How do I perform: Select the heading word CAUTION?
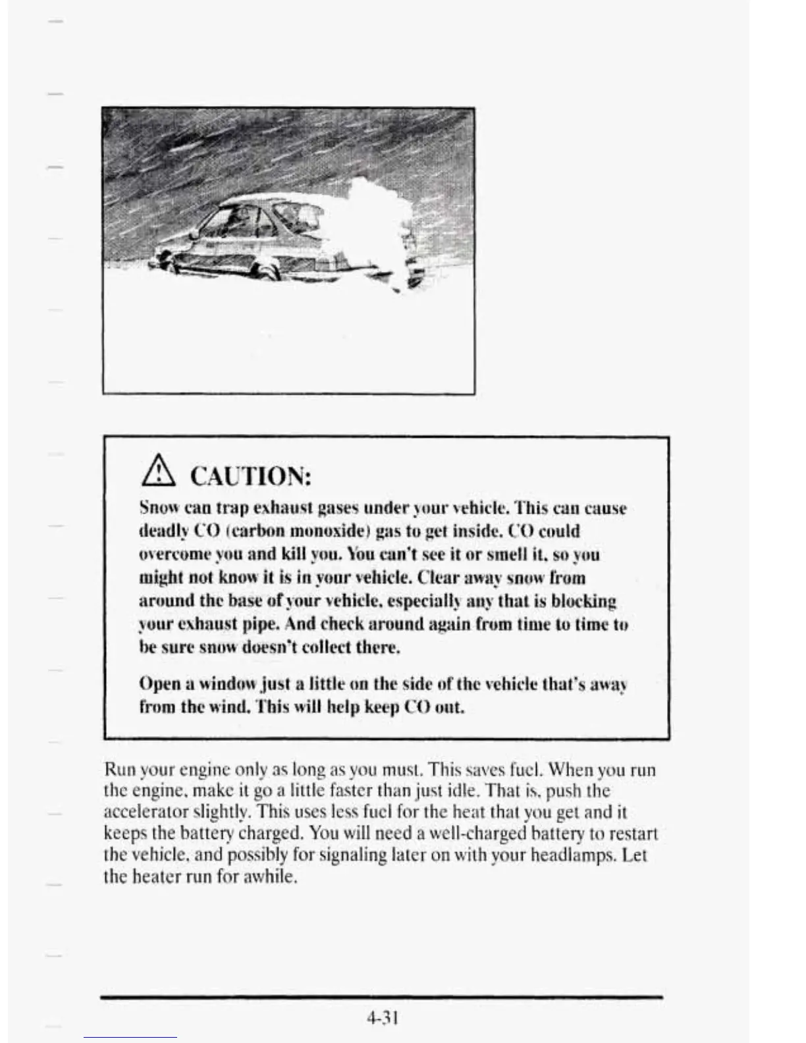coord(250,476)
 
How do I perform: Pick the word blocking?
coord(583,601)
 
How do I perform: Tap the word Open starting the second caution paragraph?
coord(158,685)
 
